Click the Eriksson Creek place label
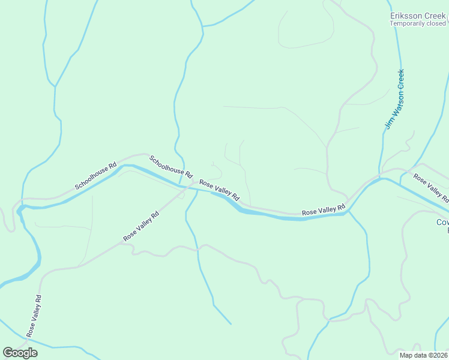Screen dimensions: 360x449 coord(418,16)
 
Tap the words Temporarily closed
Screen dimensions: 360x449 coord(418,24)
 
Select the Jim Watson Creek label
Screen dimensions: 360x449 coord(395,100)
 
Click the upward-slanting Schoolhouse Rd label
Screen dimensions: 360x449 coord(96,175)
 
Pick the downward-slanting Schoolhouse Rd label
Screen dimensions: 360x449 coord(171,167)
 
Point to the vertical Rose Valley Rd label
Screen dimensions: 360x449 coord(34,316)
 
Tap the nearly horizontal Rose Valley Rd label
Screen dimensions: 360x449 coord(324,210)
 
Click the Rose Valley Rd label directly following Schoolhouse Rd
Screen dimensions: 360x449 coord(219,190)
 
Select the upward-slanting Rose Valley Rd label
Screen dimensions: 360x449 coord(141,226)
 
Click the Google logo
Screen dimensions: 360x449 coord(20,352)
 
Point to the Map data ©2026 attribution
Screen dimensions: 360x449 coord(424,355)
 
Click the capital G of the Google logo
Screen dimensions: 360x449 coord(8,352)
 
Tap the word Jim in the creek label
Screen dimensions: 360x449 coord(388,124)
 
